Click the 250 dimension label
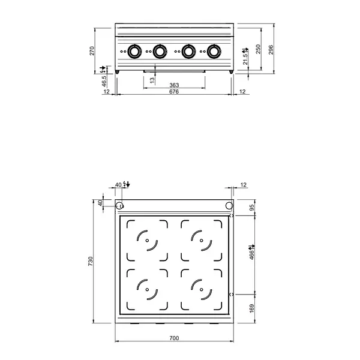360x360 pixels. tap(258, 50)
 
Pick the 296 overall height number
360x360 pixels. tap(271, 49)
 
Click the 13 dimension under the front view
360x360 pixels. tap(152, 79)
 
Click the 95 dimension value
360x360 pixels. tap(252, 208)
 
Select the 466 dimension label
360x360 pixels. tap(252, 254)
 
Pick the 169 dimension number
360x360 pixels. tap(252, 309)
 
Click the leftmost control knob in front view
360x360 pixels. tap(135, 52)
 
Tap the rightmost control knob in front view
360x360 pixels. tap(213, 52)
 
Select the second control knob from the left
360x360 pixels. tap(160, 52)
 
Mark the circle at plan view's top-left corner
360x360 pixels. tap(120, 206)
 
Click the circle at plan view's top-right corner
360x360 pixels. tap(229, 206)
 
